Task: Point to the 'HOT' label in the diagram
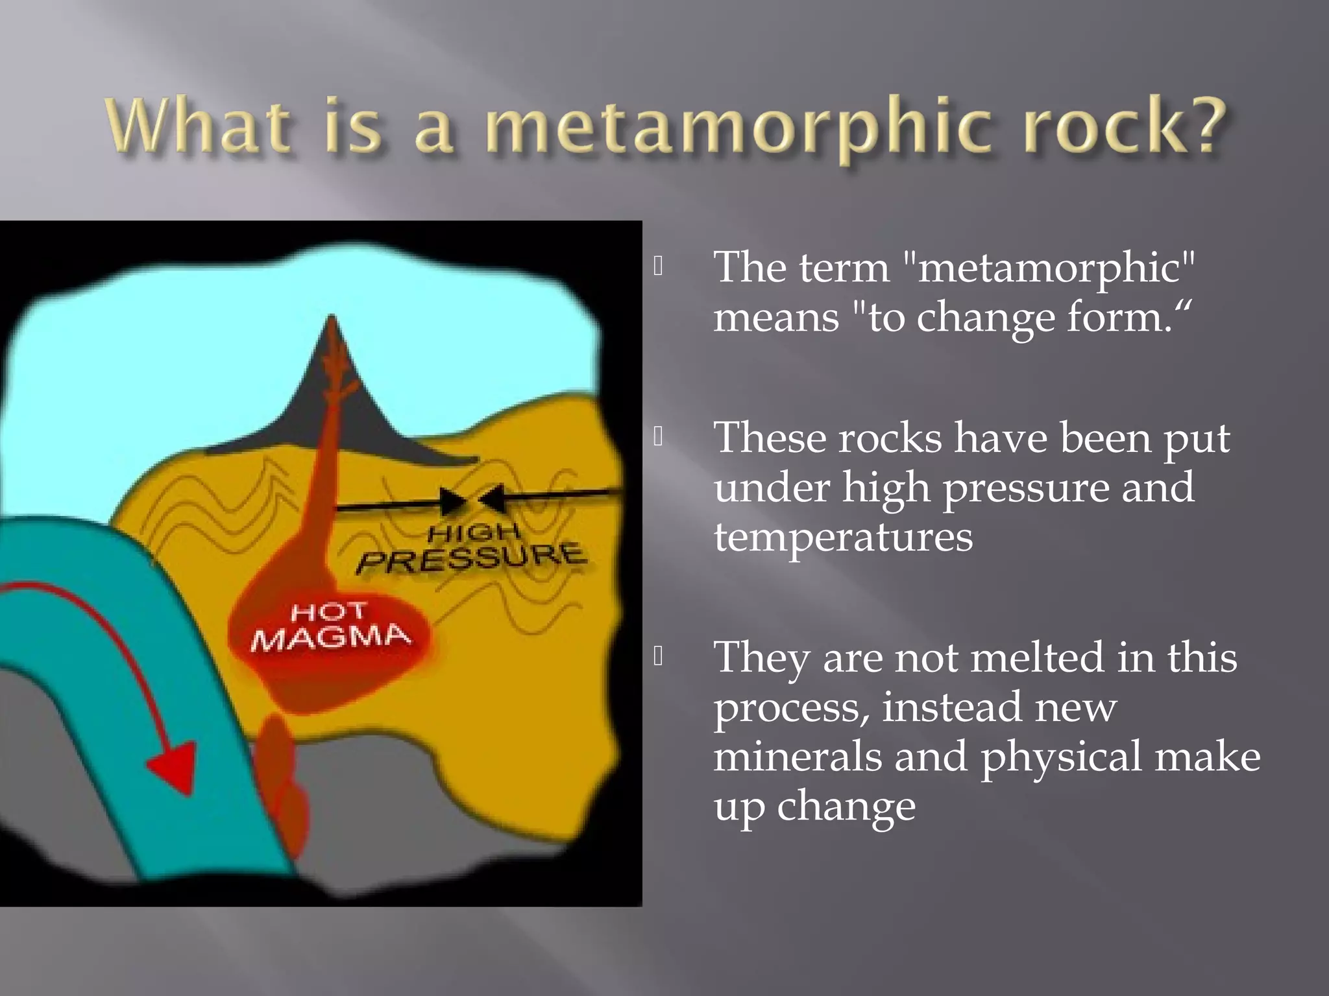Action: coord(328,611)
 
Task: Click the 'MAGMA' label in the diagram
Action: coord(331,637)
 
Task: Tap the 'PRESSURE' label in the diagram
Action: coord(472,558)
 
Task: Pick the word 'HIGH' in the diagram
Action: coord(474,532)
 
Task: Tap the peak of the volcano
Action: coord(332,319)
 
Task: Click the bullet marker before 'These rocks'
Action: coord(659,436)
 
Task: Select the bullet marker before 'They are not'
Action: coord(659,656)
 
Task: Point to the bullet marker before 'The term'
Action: coord(659,266)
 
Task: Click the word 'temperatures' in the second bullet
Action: coord(843,537)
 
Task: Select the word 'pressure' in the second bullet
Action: coord(1026,488)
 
